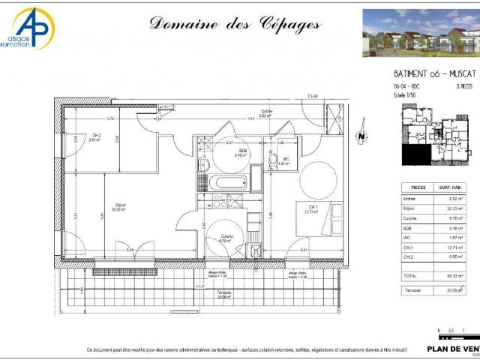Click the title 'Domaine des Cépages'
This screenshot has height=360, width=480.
[x=235, y=23]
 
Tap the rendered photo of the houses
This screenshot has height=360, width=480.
[x=421, y=33]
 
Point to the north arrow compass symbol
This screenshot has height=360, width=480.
[x=361, y=136]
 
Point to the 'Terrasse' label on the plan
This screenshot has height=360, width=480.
[x=224, y=292]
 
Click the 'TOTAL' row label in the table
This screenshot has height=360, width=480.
[x=411, y=277]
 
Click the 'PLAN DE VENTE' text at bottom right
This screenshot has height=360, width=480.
[x=453, y=349]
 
